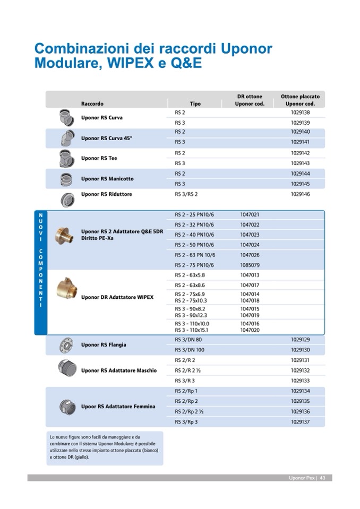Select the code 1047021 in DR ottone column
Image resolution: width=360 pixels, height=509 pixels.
click(250, 214)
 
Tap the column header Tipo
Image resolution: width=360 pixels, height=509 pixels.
click(195, 103)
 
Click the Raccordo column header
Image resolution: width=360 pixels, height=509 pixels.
click(92, 103)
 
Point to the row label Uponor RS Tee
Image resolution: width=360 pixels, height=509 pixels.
click(99, 158)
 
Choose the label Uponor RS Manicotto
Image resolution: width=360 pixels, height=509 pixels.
click(107, 179)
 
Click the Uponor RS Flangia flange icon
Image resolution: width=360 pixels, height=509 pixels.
click(67, 345)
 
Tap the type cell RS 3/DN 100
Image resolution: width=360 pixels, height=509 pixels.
click(190, 350)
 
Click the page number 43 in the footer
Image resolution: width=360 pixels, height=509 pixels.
click(322, 478)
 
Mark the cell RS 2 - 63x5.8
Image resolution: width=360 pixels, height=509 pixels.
click(190, 275)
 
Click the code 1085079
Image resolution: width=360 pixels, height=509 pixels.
click(250, 265)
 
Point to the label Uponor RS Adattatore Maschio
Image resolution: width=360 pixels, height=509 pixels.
click(119, 370)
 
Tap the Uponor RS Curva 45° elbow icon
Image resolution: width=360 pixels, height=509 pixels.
click(67, 138)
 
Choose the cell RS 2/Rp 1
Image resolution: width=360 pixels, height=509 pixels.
click(186, 391)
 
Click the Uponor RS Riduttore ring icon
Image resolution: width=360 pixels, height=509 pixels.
click(67, 199)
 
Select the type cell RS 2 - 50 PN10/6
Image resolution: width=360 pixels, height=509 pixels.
click(194, 245)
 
